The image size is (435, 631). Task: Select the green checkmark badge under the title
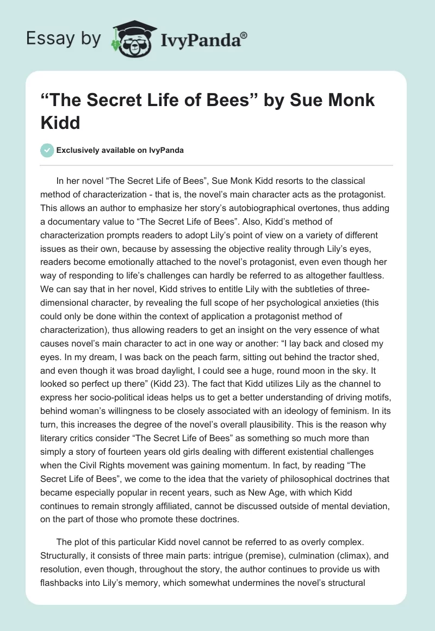pos(47,150)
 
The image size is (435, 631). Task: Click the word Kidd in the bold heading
pos(60,122)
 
